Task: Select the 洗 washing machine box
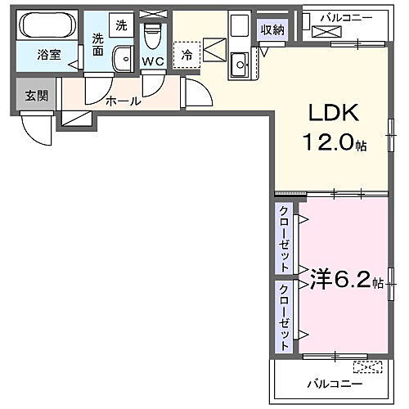tap(120, 25)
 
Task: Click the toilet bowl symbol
tap(152, 37)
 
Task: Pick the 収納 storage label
tap(273, 30)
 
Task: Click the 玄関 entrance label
tap(36, 95)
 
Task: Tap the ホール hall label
tap(123, 101)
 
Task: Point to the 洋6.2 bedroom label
tap(342, 280)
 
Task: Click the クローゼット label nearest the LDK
tap(284, 239)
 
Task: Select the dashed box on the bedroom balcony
tap(367, 367)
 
